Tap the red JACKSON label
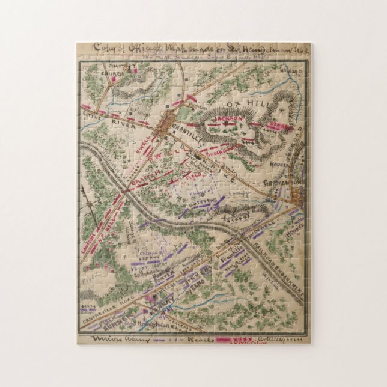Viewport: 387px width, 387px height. click(231, 120)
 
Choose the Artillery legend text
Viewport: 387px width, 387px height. click(270, 340)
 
